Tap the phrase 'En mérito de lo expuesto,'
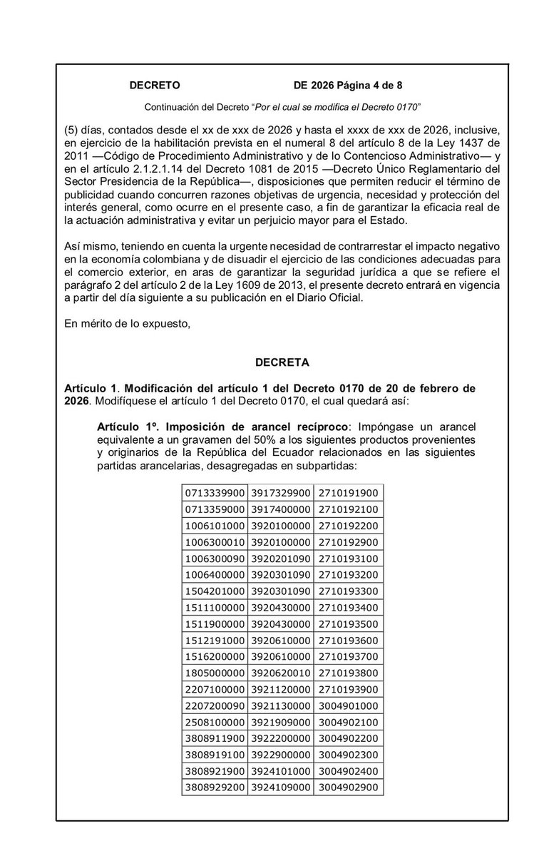tap(126, 325)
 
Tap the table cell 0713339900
tap(215, 494)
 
